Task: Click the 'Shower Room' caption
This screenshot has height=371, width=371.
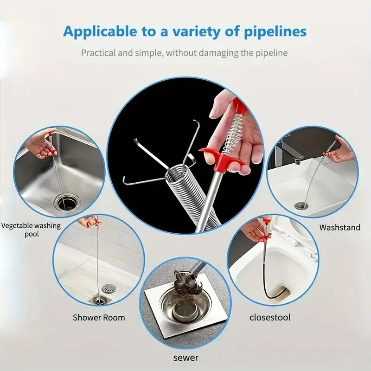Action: pos(99,318)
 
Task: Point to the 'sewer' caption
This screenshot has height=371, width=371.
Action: pos(186,358)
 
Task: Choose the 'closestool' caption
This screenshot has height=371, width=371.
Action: pos(270,318)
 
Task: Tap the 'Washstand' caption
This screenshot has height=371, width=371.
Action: pos(340,227)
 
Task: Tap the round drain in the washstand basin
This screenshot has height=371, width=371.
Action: pos(301,205)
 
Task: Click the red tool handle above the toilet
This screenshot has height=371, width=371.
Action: pos(266,227)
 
